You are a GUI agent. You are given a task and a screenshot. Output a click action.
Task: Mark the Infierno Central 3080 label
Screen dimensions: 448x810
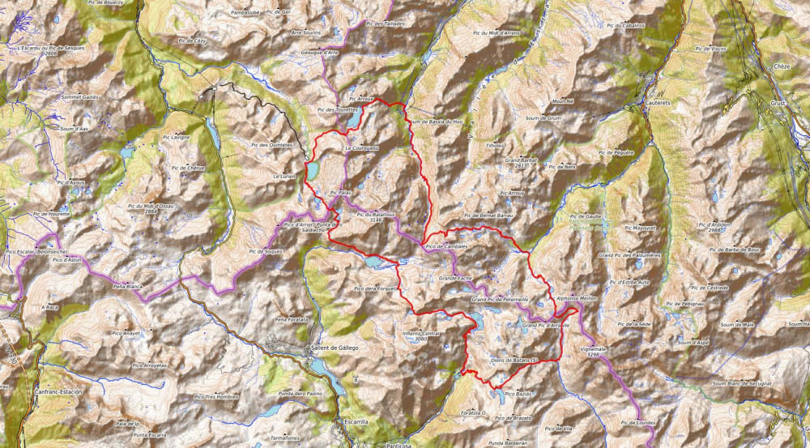coord(420,335)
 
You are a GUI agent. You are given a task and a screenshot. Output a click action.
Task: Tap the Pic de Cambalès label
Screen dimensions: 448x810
coord(446,245)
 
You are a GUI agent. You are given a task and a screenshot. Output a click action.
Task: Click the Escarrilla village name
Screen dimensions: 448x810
coord(355,422)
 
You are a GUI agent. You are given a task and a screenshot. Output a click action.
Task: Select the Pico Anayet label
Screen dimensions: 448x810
coord(126,333)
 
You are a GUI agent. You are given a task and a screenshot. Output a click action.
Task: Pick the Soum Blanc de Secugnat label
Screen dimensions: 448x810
coord(740,382)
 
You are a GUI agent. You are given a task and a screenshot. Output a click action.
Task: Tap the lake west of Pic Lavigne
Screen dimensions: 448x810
coord(127,151)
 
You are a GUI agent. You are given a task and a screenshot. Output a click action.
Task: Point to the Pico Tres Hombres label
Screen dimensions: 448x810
coord(216,397)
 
